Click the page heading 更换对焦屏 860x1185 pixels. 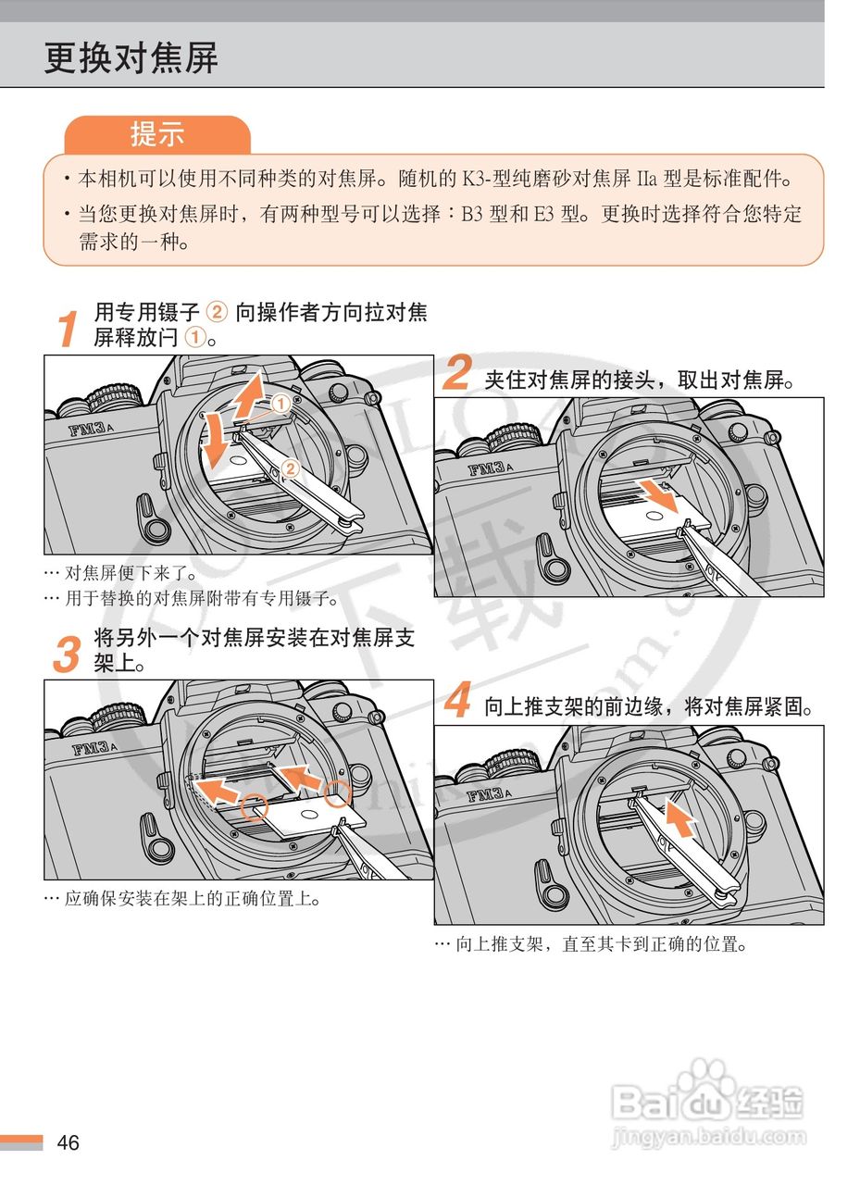pos(131,57)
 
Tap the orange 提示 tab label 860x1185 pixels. pos(157,133)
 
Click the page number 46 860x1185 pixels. pos(68,1141)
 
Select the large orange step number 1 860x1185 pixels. pos(68,328)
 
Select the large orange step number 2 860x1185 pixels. pos(457,371)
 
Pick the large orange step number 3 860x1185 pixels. pos(68,654)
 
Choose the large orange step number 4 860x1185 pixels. pos(457,699)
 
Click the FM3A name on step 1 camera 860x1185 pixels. pos(91,428)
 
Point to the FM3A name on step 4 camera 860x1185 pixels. pos(489,794)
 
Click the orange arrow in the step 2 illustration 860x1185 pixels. pos(658,494)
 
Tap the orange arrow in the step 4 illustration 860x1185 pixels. pos(680,817)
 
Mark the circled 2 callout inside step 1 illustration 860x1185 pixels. pos(290,468)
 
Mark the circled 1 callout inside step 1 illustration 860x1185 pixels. pos(280,404)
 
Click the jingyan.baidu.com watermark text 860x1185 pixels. pos(709,1136)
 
